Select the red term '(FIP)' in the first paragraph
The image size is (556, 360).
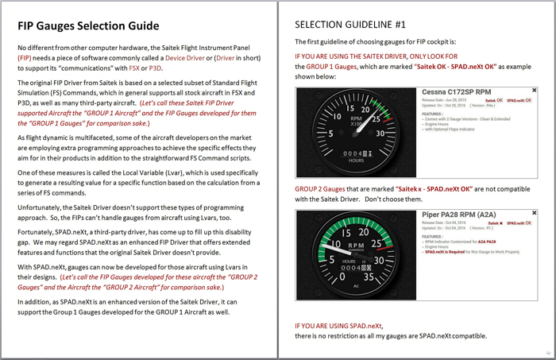(x=26, y=58)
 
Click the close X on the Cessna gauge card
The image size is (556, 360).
(x=534, y=91)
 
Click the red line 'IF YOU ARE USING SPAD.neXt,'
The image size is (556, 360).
(x=344, y=326)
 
